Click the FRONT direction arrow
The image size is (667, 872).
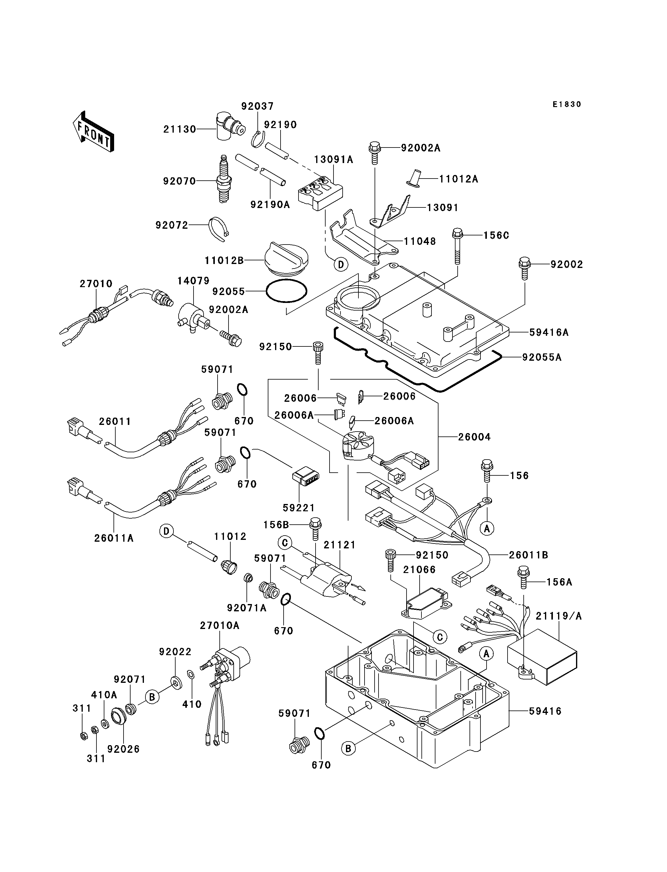[x=94, y=131]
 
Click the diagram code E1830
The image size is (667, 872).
[x=567, y=104]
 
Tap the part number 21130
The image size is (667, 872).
[x=180, y=129]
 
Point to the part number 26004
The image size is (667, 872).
[x=474, y=437]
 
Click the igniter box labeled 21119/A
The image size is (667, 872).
[x=542, y=660]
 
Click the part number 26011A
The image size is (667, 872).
[x=114, y=538]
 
